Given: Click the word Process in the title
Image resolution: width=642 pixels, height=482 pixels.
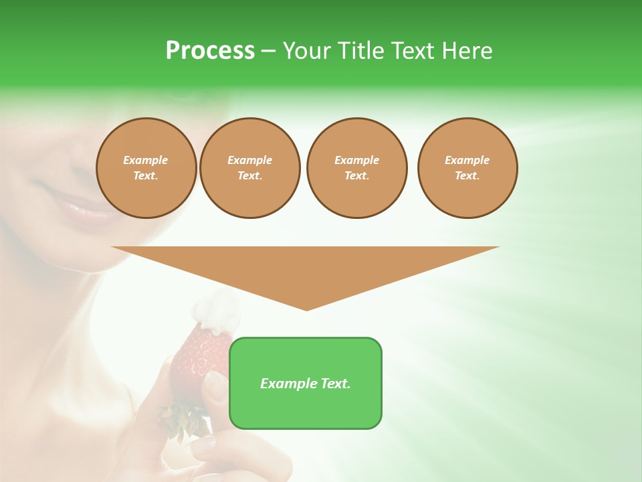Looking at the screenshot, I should pos(210,51).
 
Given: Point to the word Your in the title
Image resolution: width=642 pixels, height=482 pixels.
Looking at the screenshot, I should pos(308,51).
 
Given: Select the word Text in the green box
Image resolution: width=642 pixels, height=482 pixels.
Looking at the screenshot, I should pos(335,384).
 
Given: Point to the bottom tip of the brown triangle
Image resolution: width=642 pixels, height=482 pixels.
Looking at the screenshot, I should pos(306,310).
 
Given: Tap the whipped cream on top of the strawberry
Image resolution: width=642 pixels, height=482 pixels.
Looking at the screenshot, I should pos(215,313).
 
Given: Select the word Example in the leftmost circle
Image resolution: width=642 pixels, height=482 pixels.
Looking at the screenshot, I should pos(146,160).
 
